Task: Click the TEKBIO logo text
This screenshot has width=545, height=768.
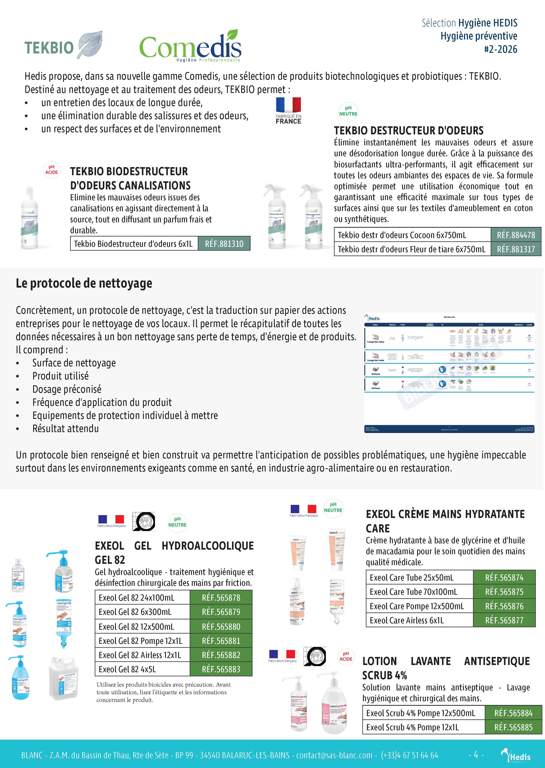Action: click(49, 48)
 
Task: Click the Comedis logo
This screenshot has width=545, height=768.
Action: click(190, 47)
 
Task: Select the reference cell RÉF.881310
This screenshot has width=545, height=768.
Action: click(224, 244)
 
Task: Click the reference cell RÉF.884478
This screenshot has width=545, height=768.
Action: click(516, 235)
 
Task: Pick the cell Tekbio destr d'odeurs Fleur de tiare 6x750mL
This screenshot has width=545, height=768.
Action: click(412, 249)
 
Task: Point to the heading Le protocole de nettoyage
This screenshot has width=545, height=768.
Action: click(84, 283)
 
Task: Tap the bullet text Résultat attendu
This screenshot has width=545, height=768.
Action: click(65, 429)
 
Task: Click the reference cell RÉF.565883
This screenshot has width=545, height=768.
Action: click(221, 669)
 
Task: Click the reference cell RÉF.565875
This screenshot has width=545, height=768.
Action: click(504, 592)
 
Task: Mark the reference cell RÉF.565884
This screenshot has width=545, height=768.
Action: click(513, 713)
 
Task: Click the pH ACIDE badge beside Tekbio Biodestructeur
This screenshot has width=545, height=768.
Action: click(52, 170)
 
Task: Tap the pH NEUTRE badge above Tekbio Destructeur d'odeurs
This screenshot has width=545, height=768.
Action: click(348, 111)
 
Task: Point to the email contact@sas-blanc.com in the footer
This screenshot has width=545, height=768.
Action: click(334, 755)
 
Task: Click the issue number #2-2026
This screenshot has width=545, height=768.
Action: click(500, 49)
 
